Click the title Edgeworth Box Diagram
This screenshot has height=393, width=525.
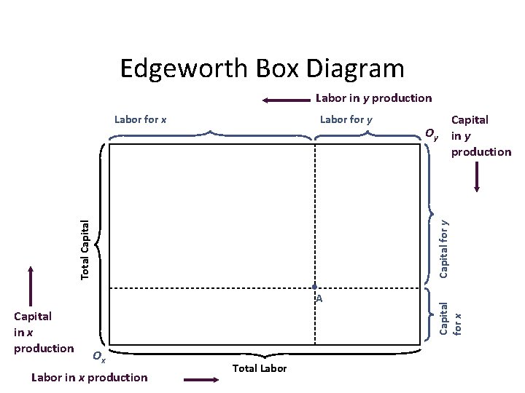(261, 69)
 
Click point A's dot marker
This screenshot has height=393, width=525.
(314, 287)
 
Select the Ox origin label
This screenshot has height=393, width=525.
(99, 357)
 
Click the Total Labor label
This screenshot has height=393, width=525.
(260, 368)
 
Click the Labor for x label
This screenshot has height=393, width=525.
(141, 119)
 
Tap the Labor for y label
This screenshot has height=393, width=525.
(346, 119)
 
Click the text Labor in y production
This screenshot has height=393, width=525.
(373, 98)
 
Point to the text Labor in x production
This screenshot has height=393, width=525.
(90, 377)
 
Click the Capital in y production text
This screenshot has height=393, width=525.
(481, 135)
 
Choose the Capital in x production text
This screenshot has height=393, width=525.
(44, 332)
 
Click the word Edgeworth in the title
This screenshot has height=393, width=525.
(183, 69)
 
